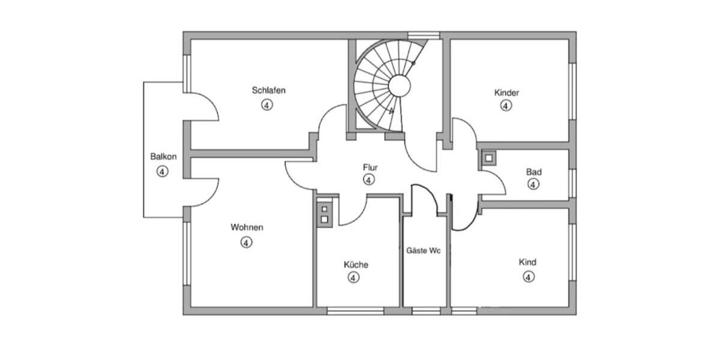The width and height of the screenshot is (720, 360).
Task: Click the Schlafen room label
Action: tap(268, 91)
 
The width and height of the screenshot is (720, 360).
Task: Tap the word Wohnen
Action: tap(247, 227)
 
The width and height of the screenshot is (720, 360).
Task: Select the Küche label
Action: tap(356, 265)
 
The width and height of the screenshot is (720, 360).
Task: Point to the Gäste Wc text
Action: tap(424, 251)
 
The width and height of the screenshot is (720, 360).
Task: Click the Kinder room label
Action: tap(506, 93)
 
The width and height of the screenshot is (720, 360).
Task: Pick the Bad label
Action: tap(533, 172)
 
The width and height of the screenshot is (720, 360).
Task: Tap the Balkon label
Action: tap(163, 157)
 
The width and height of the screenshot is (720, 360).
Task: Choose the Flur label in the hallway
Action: tap(370, 167)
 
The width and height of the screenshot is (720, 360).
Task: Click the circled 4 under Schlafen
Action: tap(267, 105)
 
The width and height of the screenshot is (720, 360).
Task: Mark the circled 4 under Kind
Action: tap(528, 277)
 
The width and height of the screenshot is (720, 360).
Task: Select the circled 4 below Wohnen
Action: tap(246, 242)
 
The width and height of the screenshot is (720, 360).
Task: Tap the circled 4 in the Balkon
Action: tap(162, 172)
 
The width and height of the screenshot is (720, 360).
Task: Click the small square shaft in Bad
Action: tap(489, 158)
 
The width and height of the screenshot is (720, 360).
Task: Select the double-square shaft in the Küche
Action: tap(324, 214)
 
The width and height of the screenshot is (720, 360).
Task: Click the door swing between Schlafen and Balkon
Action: tap(204, 108)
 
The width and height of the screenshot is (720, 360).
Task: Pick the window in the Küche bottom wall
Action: tap(355, 311)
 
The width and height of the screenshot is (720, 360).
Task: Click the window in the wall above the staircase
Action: tap(424, 35)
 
